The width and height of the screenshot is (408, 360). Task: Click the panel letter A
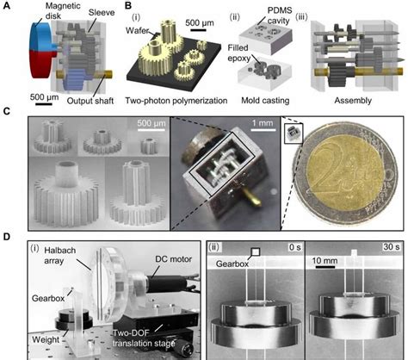click(x=7, y=6)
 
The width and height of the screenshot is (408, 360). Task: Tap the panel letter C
click(x=7, y=111)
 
